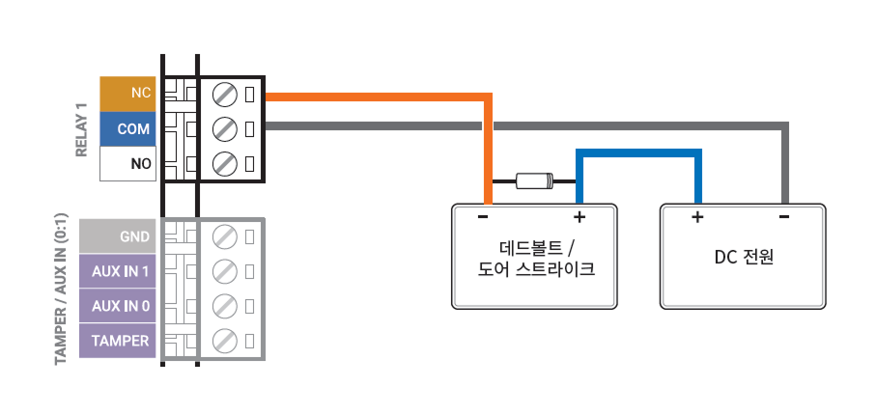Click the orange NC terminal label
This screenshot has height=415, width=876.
(x=127, y=94)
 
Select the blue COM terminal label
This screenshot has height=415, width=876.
(x=127, y=128)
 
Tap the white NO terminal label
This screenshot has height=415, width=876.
(x=127, y=164)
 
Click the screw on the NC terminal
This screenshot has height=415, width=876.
(x=224, y=94)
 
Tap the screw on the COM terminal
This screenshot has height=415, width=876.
(x=224, y=128)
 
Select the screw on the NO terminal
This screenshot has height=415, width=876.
(x=224, y=163)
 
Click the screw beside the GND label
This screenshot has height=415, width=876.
(x=224, y=235)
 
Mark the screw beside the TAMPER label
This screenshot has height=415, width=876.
(x=224, y=341)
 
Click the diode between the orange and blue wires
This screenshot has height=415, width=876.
(x=534, y=180)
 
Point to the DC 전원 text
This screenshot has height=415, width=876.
(x=745, y=258)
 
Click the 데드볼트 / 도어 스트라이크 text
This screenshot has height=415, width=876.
(x=535, y=258)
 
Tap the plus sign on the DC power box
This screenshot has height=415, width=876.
(x=696, y=217)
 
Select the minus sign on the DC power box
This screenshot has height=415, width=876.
(x=783, y=217)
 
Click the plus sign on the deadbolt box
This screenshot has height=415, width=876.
(x=579, y=217)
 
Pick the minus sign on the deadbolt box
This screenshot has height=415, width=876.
(x=483, y=217)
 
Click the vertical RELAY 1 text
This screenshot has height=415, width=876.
(x=81, y=129)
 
